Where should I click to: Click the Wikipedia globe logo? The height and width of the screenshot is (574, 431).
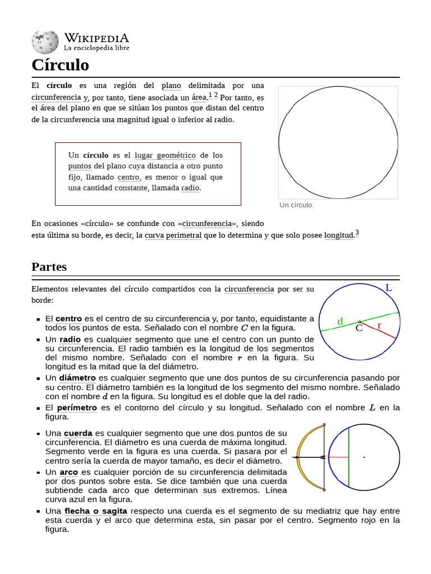[x=45, y=41]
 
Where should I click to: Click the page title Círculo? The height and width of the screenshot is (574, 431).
[x=60, y=65]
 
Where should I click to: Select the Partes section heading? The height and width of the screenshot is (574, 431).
[x=49, y=267]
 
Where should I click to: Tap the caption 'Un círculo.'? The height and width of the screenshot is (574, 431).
[x=296, y=205]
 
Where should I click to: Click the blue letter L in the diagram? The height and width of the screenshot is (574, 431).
[x=388, y=288]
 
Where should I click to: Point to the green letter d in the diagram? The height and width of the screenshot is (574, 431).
[x=340, y=321]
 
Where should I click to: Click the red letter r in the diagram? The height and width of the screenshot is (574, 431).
[x=379, y=326]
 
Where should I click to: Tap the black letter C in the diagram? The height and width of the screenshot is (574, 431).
[x=359, y=328]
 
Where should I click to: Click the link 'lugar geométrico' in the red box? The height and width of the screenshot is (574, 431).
[x=166, y=155]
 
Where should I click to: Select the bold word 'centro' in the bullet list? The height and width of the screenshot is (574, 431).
[x=69, y=318]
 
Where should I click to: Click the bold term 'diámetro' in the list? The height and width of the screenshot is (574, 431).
[x=77, y=378]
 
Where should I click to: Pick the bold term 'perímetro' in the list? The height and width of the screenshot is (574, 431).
[x=77, y=408]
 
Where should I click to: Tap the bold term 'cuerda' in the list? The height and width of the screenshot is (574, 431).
[x=78, y=433]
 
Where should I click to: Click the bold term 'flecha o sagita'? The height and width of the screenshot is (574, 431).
[x=95, y=511]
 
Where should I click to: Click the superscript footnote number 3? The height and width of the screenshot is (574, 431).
[x=357, y=233]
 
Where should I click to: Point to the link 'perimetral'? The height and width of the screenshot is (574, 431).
[x=184, y=235]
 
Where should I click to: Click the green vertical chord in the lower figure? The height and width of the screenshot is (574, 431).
[x=349, y=457]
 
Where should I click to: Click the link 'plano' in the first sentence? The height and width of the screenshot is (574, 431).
[x=171, y=86]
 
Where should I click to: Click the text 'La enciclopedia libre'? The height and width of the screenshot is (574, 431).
[x=96, y=48]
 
